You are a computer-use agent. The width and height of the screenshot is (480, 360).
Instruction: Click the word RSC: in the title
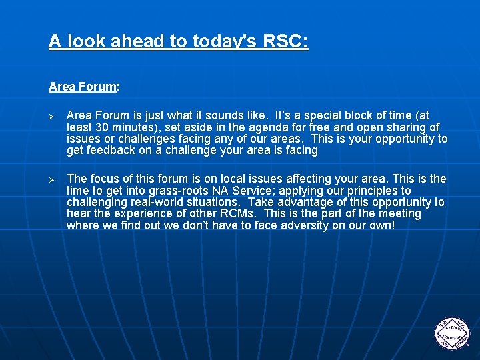tap(285, 41)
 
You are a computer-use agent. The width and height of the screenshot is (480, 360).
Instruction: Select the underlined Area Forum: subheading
tap(84, 87)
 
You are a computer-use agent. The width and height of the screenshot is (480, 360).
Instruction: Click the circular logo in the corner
tap(452, 331)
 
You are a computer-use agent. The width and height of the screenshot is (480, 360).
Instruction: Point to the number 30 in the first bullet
tap(103, 127)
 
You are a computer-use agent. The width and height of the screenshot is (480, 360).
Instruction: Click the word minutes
tap(135, 127)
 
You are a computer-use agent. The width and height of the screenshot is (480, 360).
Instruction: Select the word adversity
tap(302, 225)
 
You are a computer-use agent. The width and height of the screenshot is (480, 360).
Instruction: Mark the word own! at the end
tap(381, 225)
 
